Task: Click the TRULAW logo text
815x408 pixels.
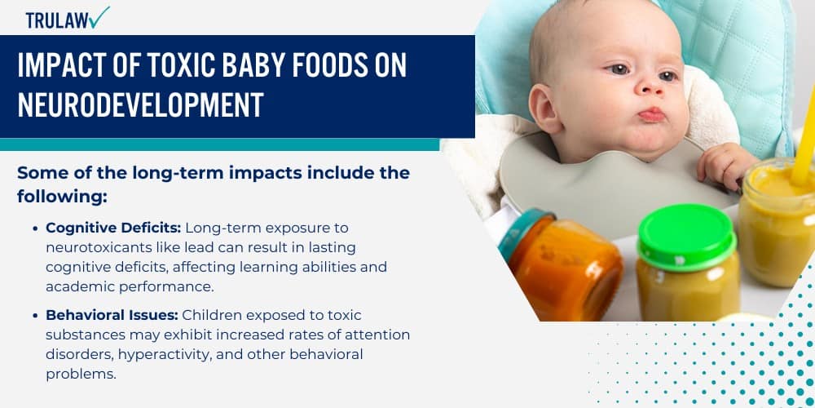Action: pos(56,21)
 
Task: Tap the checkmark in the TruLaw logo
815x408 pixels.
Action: pos(100,17)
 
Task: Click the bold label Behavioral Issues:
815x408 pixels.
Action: pos(112,315)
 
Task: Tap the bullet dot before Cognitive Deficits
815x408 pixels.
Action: pos(36,228)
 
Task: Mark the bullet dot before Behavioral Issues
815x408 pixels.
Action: pos(36,316)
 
